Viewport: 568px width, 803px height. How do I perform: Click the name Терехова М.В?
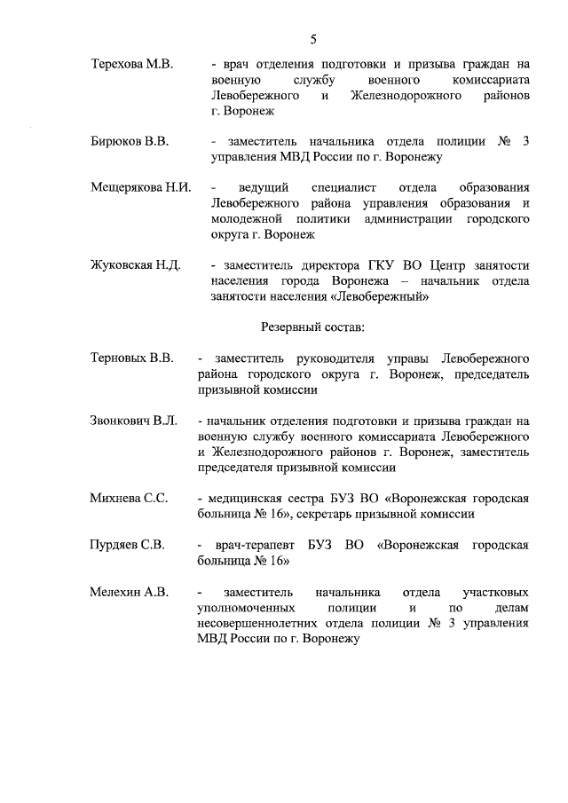coord(132,65)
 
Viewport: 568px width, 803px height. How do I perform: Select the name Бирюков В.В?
coord(130,141)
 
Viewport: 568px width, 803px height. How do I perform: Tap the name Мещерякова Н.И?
coord(141,188)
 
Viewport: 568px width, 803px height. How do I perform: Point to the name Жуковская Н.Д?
coord(136,265)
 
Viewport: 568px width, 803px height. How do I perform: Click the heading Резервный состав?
coord(312,327)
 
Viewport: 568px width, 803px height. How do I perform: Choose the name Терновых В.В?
coord(131,358)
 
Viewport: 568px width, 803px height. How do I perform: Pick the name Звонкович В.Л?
coord(135,421)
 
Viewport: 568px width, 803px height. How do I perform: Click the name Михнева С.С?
coord(130,498)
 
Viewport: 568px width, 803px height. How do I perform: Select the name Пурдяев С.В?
coord(128,545)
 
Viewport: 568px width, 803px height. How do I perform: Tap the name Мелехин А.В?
coord(130,592)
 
